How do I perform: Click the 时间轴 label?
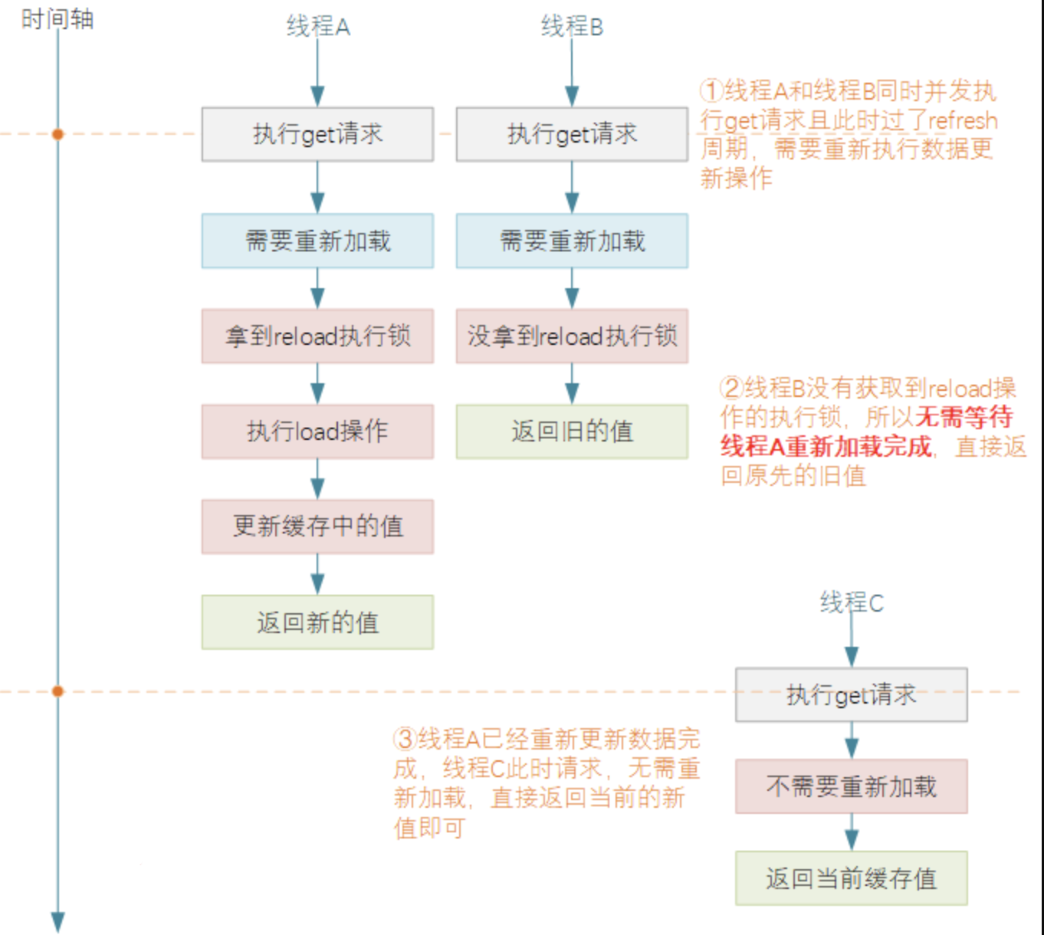[57, 19]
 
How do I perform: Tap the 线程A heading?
[318, 27]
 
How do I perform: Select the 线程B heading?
[572, 27]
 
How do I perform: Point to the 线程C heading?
[852, 603]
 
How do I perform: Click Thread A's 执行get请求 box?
[317, 134]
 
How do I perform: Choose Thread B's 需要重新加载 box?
[572, 241]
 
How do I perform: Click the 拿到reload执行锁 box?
[317, 336]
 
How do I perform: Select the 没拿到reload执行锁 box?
[572, 336]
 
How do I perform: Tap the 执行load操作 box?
[317, 431]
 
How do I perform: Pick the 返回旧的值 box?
[572, 431]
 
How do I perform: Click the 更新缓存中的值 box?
[317, 527]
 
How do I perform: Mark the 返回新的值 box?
[317, 622]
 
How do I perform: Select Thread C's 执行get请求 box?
[851, 695]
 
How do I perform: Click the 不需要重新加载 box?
[851, 786]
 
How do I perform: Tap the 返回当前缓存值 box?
[851, 878]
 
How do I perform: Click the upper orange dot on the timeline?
[57, 134]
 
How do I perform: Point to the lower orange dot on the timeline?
[57, 691]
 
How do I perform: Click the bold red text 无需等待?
[964, 418]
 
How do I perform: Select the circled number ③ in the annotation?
[404, 740]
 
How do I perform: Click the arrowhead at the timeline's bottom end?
[57, 921]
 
